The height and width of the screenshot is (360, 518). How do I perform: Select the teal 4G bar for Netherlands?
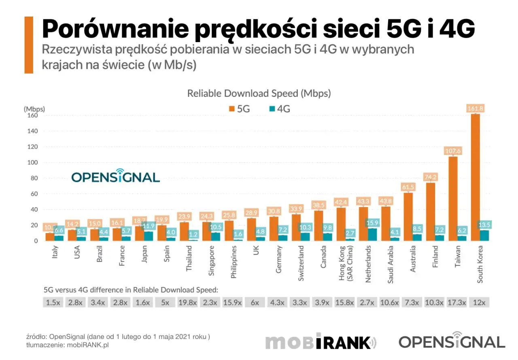(x=372, y=235)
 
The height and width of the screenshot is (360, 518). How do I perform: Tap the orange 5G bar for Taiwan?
(x=453, y=199)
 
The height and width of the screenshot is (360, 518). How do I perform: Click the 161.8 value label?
(x=475, y=108)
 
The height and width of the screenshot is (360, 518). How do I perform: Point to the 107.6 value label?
(x=453, y=151)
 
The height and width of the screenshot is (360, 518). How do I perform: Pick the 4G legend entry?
(x=279, y=109)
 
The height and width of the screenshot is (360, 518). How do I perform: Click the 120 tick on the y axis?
(x=32, y=147)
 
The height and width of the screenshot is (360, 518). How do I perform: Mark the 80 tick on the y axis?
(x=33, y=178)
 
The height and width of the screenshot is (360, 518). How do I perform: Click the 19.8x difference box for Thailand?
(x=188, y=303)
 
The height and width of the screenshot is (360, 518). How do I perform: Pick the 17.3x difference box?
(x=457, y=303)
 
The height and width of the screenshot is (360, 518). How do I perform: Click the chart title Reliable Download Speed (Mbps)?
(x=259, y=93)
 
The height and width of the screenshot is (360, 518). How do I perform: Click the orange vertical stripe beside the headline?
(x=29, y=45)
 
